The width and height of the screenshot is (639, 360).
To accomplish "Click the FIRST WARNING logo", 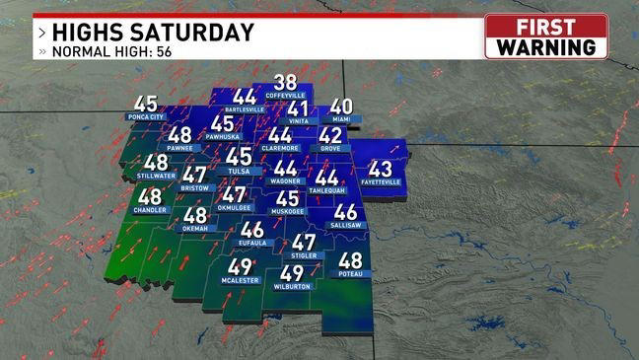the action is click(546, 36).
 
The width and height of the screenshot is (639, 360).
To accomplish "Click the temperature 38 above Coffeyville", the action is click(285, 83).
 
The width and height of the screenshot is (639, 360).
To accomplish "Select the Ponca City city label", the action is click(145, 116).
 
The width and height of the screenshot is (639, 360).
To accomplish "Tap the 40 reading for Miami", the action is click(341, 107).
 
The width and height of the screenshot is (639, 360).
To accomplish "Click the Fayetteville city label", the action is click(380, 182).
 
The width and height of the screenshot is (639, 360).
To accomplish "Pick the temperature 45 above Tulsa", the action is click(239, 156).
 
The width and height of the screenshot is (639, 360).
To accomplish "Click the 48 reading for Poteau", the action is click(350, 260).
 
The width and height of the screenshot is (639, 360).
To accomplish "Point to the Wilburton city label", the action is click(292, 286).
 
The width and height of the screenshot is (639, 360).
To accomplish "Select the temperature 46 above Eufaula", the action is click(251, 230).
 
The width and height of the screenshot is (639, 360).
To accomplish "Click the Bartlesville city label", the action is click(245, 109).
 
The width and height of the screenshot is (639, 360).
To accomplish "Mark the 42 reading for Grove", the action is click(330, 135).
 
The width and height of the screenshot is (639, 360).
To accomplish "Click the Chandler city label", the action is click(150, 211).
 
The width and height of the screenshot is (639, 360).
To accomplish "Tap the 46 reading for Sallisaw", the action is click(345, 212).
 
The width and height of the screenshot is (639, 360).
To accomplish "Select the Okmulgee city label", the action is click(234, 208).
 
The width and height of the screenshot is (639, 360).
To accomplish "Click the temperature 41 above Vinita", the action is click(299, 108).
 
